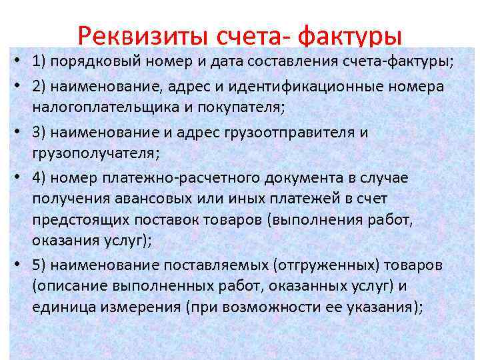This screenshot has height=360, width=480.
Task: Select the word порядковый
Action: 99,63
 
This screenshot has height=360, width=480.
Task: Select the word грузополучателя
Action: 89,153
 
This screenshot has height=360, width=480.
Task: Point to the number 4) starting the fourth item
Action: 39,177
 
